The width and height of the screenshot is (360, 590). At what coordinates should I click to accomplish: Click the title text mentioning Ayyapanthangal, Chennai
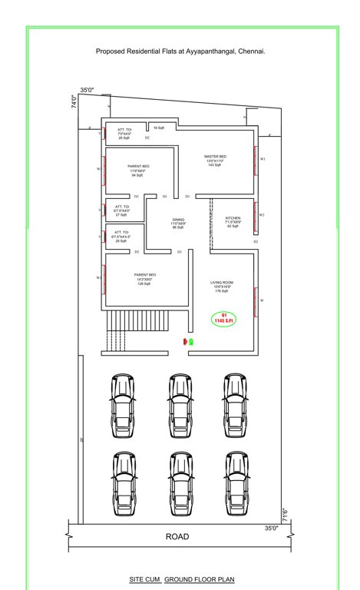180,51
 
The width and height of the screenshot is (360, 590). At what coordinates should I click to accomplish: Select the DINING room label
177,223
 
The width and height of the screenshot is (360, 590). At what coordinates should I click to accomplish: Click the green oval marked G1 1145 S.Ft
224,318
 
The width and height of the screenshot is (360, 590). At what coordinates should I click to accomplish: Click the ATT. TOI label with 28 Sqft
124,134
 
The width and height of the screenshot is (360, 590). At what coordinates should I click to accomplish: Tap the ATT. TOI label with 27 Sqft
121,210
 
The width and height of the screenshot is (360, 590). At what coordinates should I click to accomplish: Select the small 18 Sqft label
158,127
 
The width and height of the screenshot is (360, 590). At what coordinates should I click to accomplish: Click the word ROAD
177,536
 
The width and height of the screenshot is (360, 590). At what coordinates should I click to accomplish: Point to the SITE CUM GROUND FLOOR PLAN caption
181,576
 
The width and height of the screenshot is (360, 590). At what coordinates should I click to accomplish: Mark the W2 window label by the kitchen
263,214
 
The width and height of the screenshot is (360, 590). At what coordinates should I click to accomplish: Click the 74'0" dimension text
74,102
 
